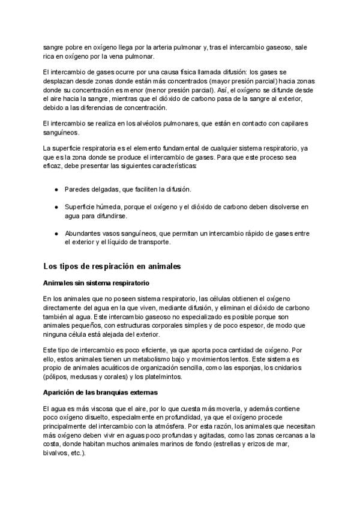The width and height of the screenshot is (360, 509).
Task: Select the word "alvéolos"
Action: point(153,124)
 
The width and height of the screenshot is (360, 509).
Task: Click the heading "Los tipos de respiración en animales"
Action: point(112,265)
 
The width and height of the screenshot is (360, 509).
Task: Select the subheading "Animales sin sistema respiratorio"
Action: point(96,283)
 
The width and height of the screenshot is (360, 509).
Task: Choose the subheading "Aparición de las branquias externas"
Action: point(100,392)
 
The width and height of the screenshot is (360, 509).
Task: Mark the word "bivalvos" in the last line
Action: point(57,454)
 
